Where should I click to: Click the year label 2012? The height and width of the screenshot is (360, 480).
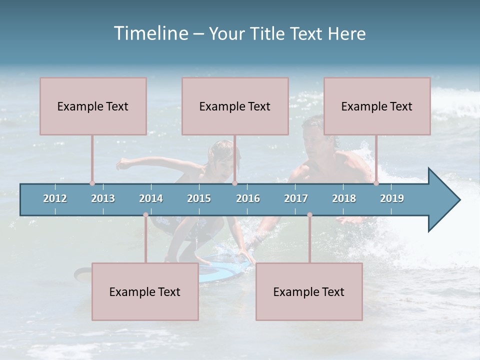coord(55,198)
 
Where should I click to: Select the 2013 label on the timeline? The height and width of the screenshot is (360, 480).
coord(103,198)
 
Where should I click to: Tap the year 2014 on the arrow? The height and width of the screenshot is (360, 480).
coord(151,198)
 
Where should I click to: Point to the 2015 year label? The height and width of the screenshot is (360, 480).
coord(199,198)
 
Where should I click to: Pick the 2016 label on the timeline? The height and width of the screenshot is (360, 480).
coord(248,198)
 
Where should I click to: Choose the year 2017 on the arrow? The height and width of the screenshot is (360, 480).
coord(296,198)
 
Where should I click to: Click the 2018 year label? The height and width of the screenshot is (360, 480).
coord(344,198)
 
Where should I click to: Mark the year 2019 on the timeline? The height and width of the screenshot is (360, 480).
coord(392,198)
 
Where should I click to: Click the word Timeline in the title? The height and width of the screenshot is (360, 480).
coord(149,33)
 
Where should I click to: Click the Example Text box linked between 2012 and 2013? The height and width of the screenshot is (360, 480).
coord(93,106)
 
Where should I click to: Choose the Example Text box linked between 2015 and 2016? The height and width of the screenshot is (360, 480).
coord(235,106)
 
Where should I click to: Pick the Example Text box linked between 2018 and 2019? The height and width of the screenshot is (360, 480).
coord(377,106)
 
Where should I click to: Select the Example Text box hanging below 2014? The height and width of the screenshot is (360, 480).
coord(145,291)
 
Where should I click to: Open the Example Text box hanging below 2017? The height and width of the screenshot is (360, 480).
coord(309,291)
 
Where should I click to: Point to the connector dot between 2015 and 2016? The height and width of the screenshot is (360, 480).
coord(234,183)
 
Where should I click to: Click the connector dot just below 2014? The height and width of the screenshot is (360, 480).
coord(145,215)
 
